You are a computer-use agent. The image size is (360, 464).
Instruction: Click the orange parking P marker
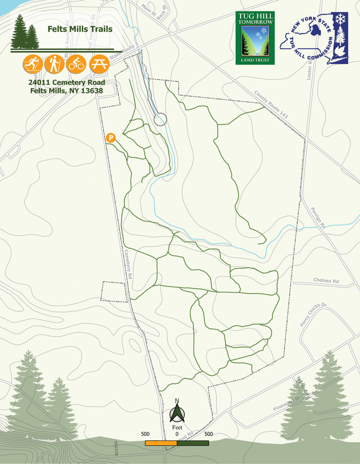(111, 138)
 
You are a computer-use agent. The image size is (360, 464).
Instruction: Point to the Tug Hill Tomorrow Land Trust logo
(255, 38)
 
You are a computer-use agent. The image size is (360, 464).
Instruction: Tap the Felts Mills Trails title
(80, 29)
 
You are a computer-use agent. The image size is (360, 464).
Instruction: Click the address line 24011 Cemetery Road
(66, 82)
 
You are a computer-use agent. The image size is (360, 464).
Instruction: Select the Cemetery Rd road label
(128, 264)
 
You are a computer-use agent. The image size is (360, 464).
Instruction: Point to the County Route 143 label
(271, 104)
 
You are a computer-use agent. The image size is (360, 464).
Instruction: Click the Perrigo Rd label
(318, 218)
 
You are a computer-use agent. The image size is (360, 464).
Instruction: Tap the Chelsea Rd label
(326, 281)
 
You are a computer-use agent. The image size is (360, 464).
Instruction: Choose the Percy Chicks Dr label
(313, 315)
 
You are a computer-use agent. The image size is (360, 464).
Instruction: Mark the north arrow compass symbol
(177, 413)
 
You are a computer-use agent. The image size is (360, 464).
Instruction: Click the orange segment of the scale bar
(161, 443)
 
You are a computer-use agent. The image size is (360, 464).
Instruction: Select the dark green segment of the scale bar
(193, 443)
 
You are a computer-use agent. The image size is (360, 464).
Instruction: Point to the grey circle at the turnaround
(160, 119)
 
